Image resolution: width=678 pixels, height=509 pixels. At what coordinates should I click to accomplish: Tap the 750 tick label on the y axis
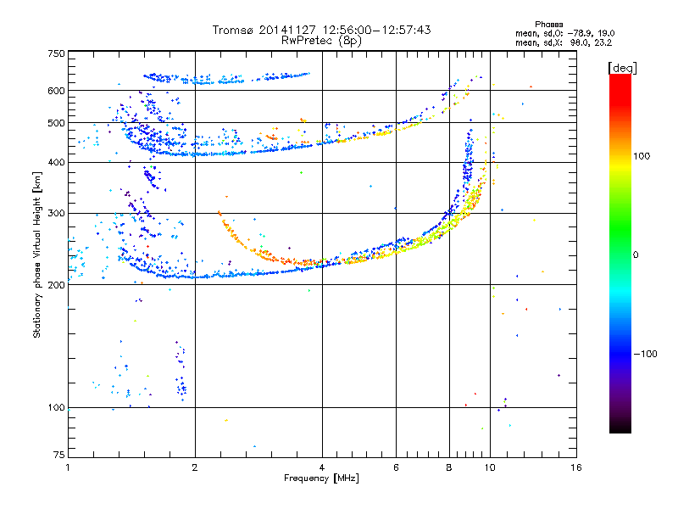(x=56, y=53)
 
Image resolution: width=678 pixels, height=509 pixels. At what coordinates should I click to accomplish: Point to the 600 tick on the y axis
(x=56, y=91)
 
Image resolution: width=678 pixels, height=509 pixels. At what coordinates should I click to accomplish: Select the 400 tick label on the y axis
(x=56, y=163)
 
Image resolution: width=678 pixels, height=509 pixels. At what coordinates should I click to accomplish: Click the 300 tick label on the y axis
(x=56, y=214)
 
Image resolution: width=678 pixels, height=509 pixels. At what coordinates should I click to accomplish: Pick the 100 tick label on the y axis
(x=56, y=408)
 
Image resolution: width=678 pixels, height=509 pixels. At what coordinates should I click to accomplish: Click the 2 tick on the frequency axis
(x=195, y=467)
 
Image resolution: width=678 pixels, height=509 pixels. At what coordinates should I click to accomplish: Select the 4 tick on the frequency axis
(x=322, y=467)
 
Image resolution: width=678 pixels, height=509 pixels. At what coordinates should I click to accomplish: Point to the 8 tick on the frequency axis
(x=449, y=467)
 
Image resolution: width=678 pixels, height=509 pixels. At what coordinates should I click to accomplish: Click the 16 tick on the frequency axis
(x=575, y=467)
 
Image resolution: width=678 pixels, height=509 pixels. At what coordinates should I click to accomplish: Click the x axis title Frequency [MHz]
(x=321, y=478)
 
